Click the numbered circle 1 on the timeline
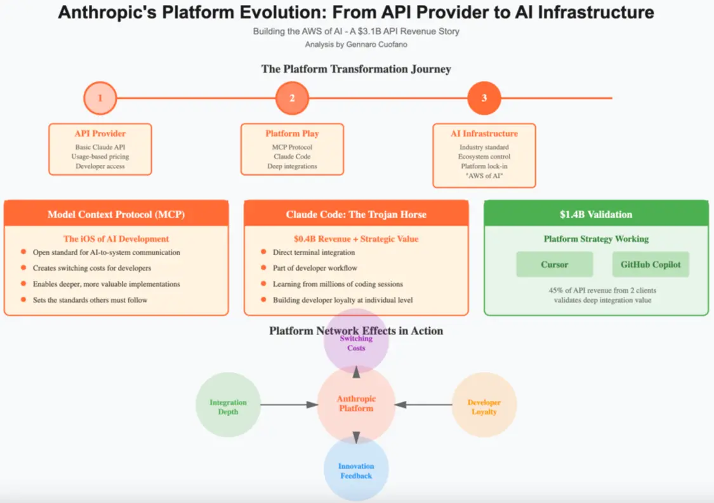coord(100,98)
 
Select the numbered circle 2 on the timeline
coord(292,98)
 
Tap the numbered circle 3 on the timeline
coord(484,98)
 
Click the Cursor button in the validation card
coord(554,265)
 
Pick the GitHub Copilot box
coord(651,265)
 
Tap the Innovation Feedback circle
coord(356,470)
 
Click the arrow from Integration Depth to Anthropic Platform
coord(289,405)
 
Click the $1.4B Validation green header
coord(596,214)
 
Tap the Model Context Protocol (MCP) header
coord(116,214)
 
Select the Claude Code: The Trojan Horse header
coord(356,214)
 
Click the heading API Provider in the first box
coord(100,134)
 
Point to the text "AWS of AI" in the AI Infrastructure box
coord(484,176)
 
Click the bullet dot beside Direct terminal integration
coord(263,252)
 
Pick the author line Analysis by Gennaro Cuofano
coord(356,44)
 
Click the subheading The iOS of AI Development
coord(116,239)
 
